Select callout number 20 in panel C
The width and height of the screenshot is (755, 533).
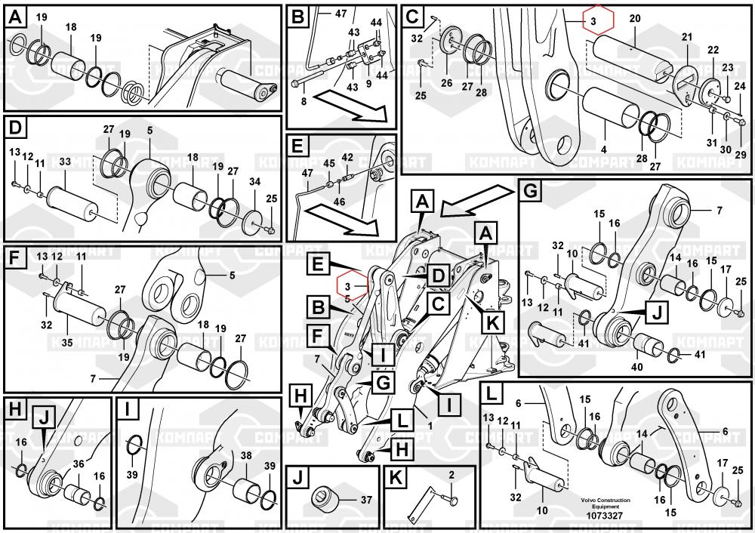pyautogui.click(x=634, y=17)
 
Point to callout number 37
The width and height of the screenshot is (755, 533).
pyautogui.click(x=366, y=499)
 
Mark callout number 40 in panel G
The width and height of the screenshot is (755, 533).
pyautogui.click(x=637, y=367)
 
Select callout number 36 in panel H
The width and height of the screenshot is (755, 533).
pyautogui.click(x=78, y=464)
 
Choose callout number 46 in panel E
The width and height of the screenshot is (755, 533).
pyautogui.click(x=339, y=202)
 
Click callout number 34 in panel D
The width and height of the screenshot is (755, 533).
pyautogui.click(x=255, y=181)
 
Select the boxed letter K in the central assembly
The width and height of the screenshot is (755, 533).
pyautogui.click(x=492, y=322)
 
